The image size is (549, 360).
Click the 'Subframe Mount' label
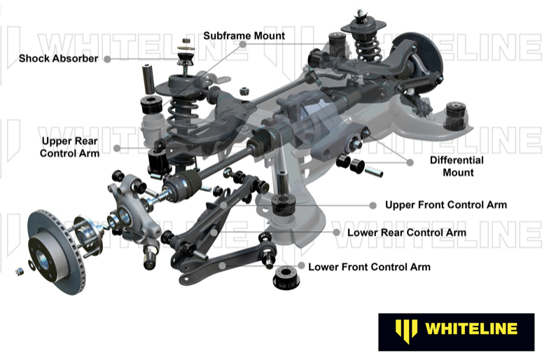[x=244, y=36]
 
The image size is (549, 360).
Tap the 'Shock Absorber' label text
[x=58, y=59]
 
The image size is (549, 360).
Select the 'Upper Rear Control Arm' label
[x=69, y=147]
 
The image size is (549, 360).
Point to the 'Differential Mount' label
[x=457, y=166]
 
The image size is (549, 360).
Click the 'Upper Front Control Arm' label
[x=446, y=205]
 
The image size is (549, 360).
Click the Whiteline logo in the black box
[x=456, y=328]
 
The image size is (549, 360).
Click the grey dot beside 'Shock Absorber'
[x=107, y=60]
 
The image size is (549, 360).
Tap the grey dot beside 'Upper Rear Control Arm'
[x=117, y=148]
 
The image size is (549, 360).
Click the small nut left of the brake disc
[x=19, y=270]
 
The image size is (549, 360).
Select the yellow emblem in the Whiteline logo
[x=407, y=328]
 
